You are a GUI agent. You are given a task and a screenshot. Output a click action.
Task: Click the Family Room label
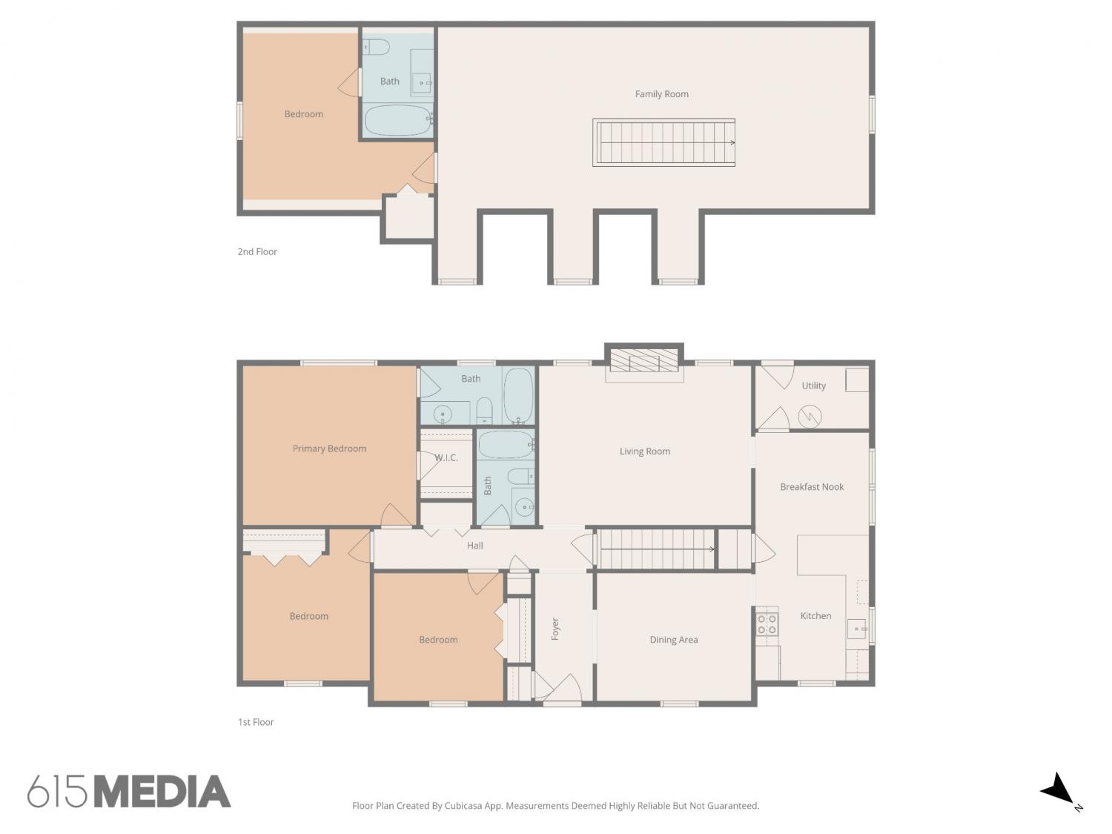[661, 93]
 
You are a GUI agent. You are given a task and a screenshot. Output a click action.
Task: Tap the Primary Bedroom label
[329, 449]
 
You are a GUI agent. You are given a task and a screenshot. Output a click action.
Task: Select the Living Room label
[644, 451]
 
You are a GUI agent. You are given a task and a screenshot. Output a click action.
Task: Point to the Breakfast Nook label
[812, 486]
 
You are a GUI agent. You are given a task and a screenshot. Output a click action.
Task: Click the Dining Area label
[673, 640]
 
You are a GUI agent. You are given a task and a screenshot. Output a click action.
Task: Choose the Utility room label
[813, 385]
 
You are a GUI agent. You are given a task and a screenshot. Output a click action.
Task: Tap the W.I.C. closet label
[446, 457]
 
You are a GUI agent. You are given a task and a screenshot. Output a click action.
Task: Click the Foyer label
[555, 629]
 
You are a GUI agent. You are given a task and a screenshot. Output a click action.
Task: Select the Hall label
[474, 546]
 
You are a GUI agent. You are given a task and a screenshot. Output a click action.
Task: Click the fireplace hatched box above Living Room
[644, 360]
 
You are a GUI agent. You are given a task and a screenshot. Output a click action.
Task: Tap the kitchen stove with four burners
[767, 624]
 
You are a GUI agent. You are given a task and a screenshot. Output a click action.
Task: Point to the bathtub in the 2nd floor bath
[398, 121]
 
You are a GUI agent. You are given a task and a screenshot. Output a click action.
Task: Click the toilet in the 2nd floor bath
[376, 47]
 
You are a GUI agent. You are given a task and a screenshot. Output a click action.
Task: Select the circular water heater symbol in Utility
[810, 417]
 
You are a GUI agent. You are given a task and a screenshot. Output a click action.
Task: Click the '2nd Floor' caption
[257, 251]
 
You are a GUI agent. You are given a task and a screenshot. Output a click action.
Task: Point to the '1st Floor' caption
[256, 722]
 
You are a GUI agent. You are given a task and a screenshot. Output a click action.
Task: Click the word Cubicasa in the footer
[464, 806]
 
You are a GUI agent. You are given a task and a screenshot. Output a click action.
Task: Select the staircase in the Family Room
[663, 142]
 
